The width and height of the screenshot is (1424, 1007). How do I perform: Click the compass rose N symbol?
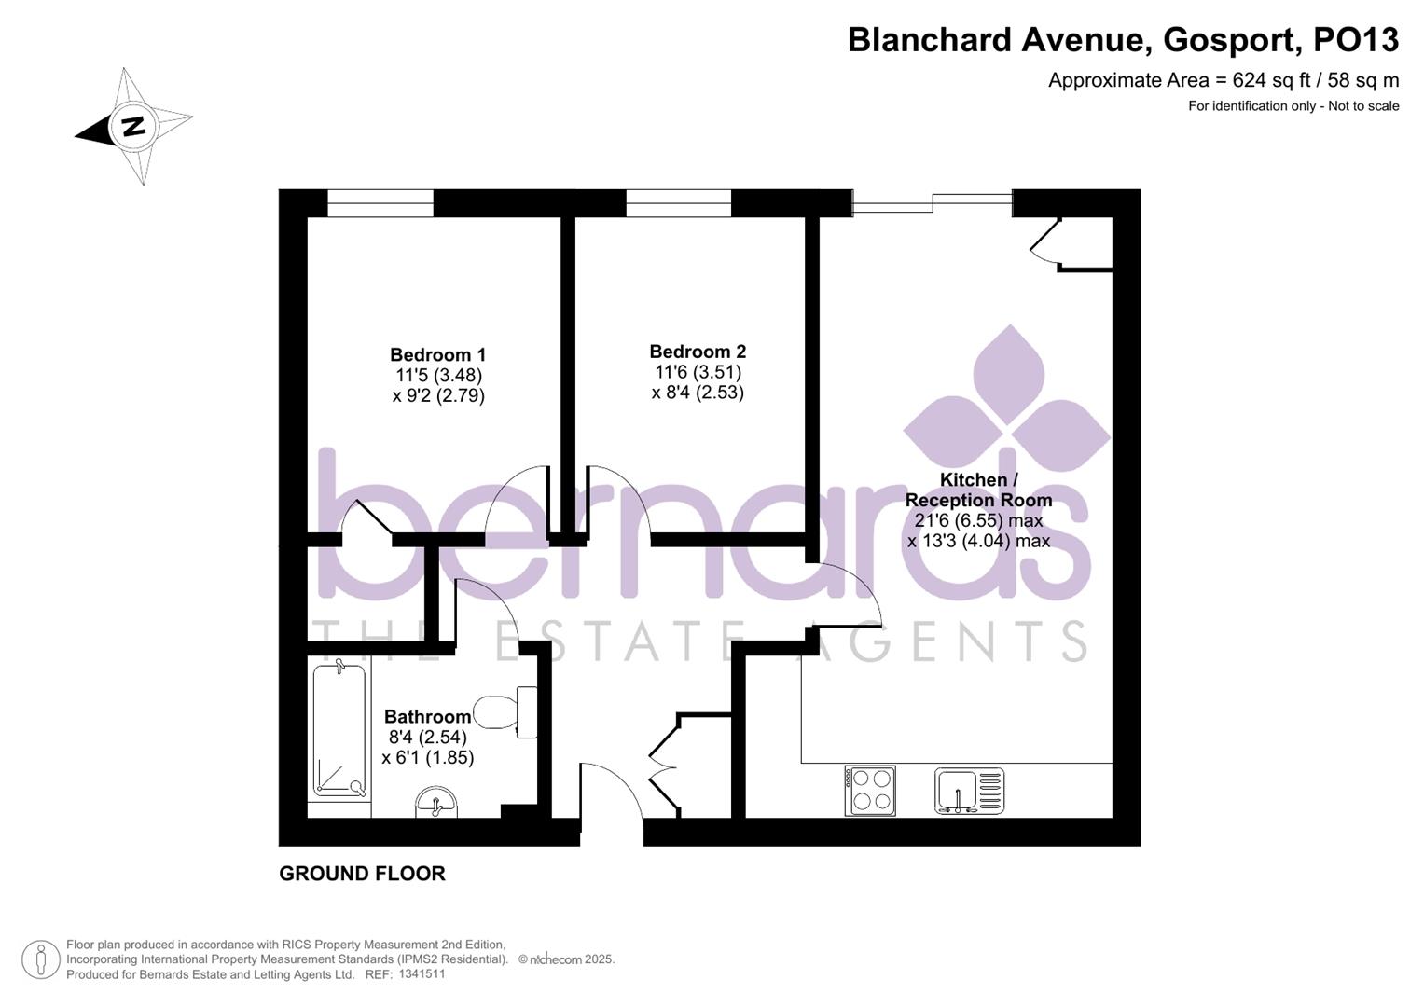(134, 126)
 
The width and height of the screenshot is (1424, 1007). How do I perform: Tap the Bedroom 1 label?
(437, 355)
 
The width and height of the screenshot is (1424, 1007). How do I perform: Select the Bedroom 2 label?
(698, 352)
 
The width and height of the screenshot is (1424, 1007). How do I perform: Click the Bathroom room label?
(427, 717)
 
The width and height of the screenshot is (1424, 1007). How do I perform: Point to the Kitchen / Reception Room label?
(978, 490)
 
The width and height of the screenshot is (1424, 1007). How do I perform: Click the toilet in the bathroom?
(505, 712)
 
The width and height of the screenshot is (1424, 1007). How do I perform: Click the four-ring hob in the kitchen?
(870, 790)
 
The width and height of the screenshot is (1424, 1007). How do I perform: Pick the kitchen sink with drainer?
(970, 791)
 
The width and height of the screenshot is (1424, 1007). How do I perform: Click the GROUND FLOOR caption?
(362, 874)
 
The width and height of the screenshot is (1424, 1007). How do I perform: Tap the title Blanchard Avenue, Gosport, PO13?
(1123, 40)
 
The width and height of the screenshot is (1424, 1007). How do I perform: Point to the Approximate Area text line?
(1223, 80)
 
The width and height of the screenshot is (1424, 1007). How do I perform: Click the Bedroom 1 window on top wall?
(380, 202)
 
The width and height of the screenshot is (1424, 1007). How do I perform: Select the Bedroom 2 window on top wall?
(678, 202)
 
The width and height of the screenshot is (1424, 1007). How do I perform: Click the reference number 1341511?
(422, 974)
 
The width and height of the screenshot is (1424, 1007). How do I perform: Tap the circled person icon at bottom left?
(40, 959)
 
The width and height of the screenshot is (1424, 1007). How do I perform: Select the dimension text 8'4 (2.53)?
(698, 393)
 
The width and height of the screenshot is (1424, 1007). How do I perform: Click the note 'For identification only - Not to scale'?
(1293, 106)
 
